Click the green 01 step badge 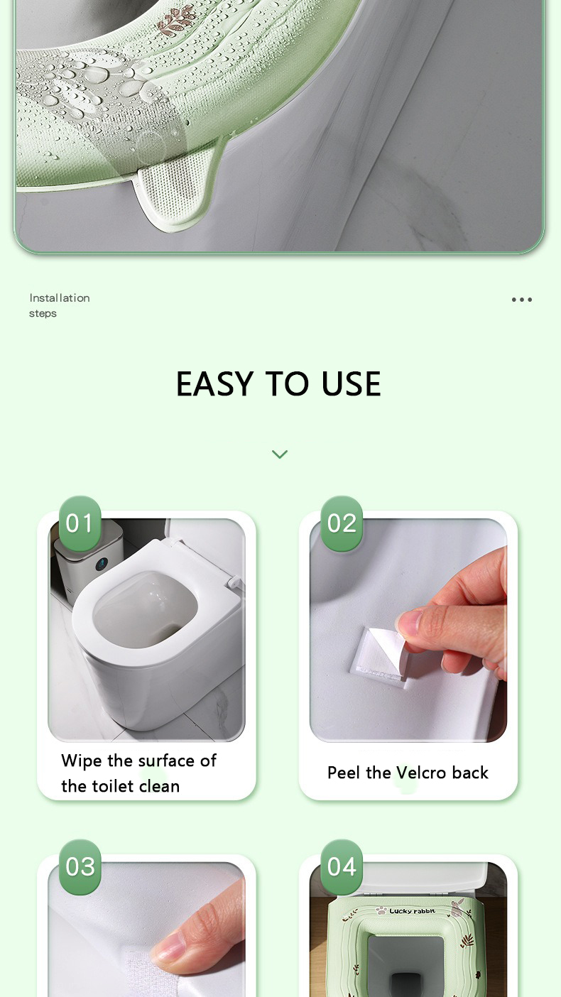point(80,523)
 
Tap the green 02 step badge point(342,523)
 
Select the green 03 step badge point(80,867)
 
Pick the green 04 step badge point(342,867)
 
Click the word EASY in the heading point(214,383)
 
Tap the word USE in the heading point(351,383)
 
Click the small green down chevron point(280,454)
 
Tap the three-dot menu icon point(522,300)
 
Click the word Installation point(60,298)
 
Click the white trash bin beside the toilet point(88,561)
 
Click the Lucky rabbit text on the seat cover point(412,911)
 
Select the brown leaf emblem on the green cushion point(178,21)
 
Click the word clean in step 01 point(159,787)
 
